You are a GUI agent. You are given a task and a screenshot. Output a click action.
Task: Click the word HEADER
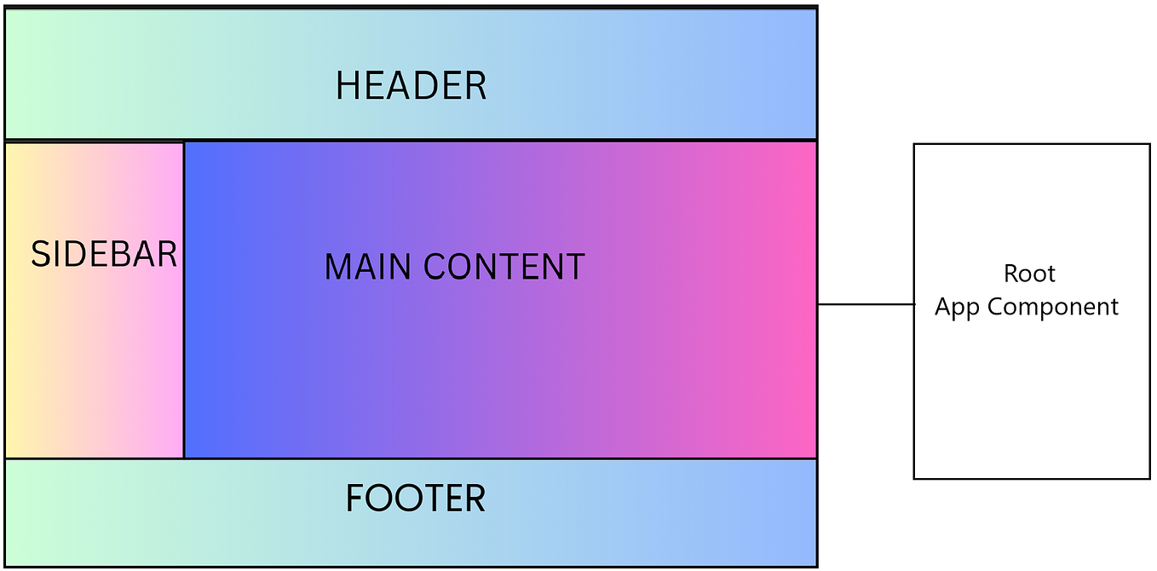[411, 86]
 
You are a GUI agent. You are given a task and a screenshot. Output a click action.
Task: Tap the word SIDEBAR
[104, 254]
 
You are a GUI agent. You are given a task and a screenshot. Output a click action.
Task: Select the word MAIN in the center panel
[369, 267]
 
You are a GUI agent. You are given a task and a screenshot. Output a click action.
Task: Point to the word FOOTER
[415, 499]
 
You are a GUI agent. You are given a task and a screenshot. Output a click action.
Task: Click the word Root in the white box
[1029, 274]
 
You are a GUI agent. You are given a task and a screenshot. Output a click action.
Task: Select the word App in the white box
[957, 307]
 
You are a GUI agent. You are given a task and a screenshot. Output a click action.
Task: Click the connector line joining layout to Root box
[865, 303]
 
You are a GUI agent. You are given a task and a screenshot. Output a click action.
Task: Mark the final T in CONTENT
[574, 267]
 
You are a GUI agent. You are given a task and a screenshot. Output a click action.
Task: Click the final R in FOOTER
[475, 499]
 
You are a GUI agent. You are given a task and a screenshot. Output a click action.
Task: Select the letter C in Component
[994, 307]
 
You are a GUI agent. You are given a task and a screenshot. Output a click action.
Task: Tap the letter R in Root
[1011, 274]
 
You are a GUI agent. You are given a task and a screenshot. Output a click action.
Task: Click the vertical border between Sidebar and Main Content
[184, 341]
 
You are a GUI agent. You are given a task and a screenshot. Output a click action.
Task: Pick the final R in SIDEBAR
[167, 254]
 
